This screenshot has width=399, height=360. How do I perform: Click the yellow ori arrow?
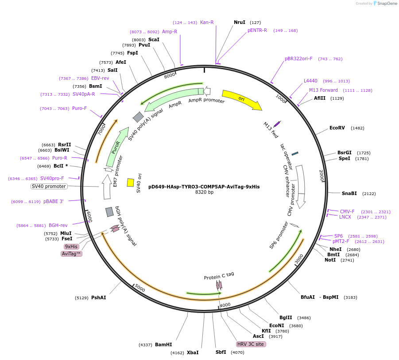tap(241, 99)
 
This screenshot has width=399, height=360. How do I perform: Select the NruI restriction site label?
tap(240, 22)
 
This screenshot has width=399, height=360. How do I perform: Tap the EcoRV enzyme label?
tap(337, 128)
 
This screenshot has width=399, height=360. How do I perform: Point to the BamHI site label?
tap(163, 344)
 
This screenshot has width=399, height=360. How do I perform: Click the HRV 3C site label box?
tap(251, 344)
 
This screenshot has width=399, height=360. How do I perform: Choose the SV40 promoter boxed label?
tap(49, 187)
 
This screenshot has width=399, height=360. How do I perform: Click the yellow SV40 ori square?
tap(131, 183)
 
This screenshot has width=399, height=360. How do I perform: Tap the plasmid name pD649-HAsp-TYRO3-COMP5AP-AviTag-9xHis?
tap(204, 187)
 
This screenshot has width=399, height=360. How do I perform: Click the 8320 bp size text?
tap(204, 192)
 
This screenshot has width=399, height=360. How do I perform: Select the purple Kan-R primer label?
tap(207, 22)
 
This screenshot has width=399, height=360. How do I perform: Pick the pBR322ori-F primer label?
tap(298, 59)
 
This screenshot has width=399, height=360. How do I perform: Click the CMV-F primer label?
tap(347, 211)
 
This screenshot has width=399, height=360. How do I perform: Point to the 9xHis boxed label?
tap(71, 247)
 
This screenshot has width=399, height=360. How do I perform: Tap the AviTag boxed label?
tap(72, 254)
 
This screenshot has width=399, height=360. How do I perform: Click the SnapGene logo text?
tap(387, 4)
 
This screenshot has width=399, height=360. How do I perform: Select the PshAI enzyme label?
tap(98, 297)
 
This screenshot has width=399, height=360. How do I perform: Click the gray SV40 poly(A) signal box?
tap(138, 117)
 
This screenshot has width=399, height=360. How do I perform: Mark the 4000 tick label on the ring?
tap(225, 305)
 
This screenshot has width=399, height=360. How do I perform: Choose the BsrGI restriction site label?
tap(345, 153)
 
